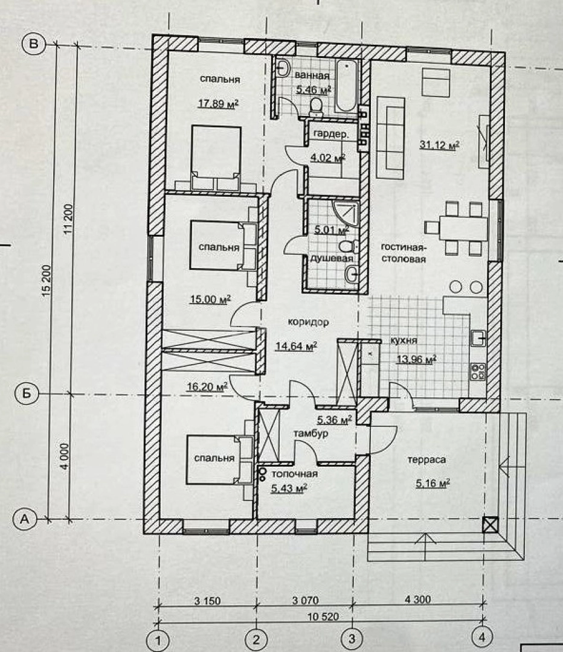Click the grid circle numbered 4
pyautogui.click(x=481, y=636)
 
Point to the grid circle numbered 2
pyautogui.click(x=256, y=639)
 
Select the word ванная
pyautogui.click(x=312, y=75)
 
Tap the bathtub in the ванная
pyautogui.click(x=347, y=85)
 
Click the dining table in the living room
pyautogui.click(x=463, y=228)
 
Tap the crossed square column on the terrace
pyautogui.click(x=490, y=524)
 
